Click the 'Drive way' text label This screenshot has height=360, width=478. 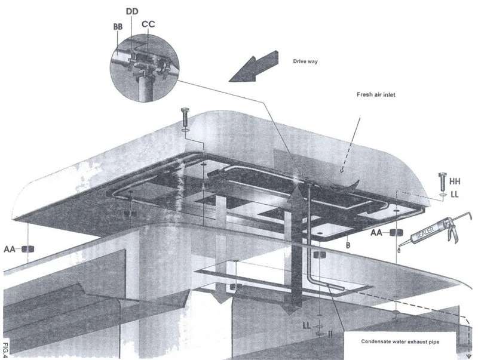tap(305, 61)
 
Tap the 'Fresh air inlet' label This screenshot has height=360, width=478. tap(376, 95)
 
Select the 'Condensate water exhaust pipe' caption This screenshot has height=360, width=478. tap(400, 341)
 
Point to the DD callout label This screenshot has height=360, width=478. tap(132, 11)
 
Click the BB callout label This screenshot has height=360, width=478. tap(118, 27)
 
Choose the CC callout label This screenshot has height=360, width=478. tap(148, 24)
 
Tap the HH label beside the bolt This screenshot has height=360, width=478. tap(455, 181)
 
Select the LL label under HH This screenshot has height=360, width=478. tap(455, 194)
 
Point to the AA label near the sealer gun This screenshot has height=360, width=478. tap(376, 233)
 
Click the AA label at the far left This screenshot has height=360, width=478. tap(9, 249)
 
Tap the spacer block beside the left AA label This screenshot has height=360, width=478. tap(28, 249)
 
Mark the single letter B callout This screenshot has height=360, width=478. tap(348, 245)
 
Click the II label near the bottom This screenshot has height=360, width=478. tap(330, 334)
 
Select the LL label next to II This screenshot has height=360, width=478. tap(307, 325)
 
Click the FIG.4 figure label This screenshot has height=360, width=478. tap(6, 350)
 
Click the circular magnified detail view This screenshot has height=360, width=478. tap(145, 68)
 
